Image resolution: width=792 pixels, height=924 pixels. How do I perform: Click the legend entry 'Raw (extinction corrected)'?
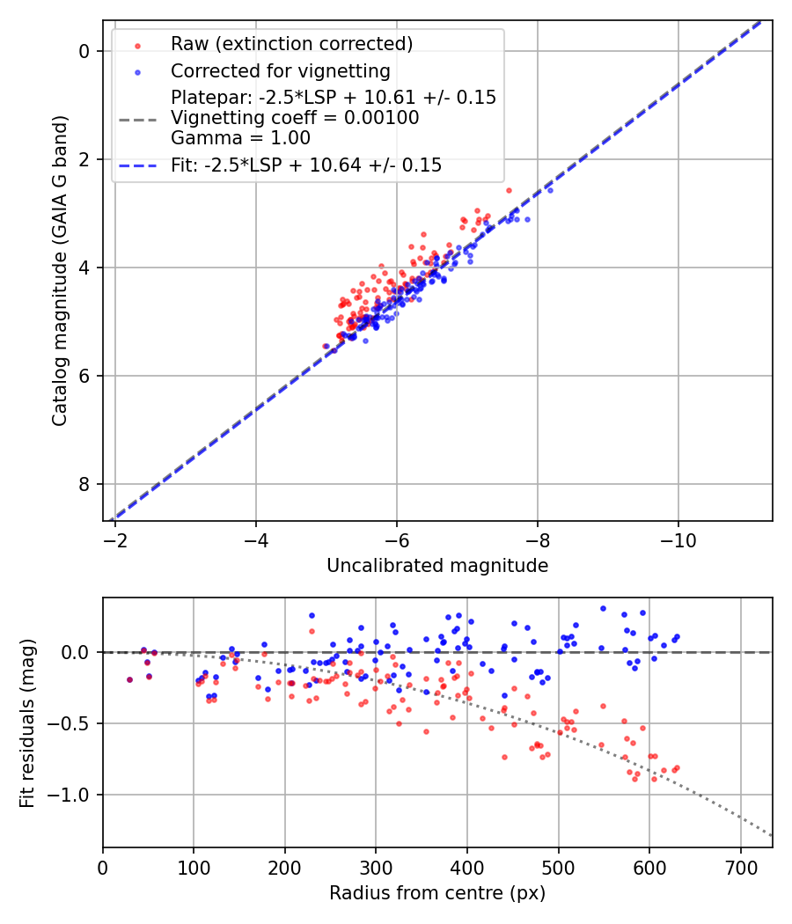point(291,44)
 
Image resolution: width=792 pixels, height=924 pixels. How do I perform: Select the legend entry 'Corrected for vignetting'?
point(280,70)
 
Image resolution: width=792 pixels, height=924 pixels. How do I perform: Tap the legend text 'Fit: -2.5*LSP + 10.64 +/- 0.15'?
point(306,165)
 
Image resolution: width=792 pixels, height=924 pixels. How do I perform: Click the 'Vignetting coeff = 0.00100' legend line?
point(295,118)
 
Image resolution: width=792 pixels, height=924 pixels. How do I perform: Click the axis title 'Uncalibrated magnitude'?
point(437,566)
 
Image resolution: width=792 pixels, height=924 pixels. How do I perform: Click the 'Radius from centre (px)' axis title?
point(437,893)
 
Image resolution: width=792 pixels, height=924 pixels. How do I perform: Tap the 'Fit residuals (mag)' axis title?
point(28,722)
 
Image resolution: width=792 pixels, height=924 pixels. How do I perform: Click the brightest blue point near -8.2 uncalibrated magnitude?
point(550,190)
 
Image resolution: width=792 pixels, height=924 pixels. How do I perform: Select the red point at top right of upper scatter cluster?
point(509,190)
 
